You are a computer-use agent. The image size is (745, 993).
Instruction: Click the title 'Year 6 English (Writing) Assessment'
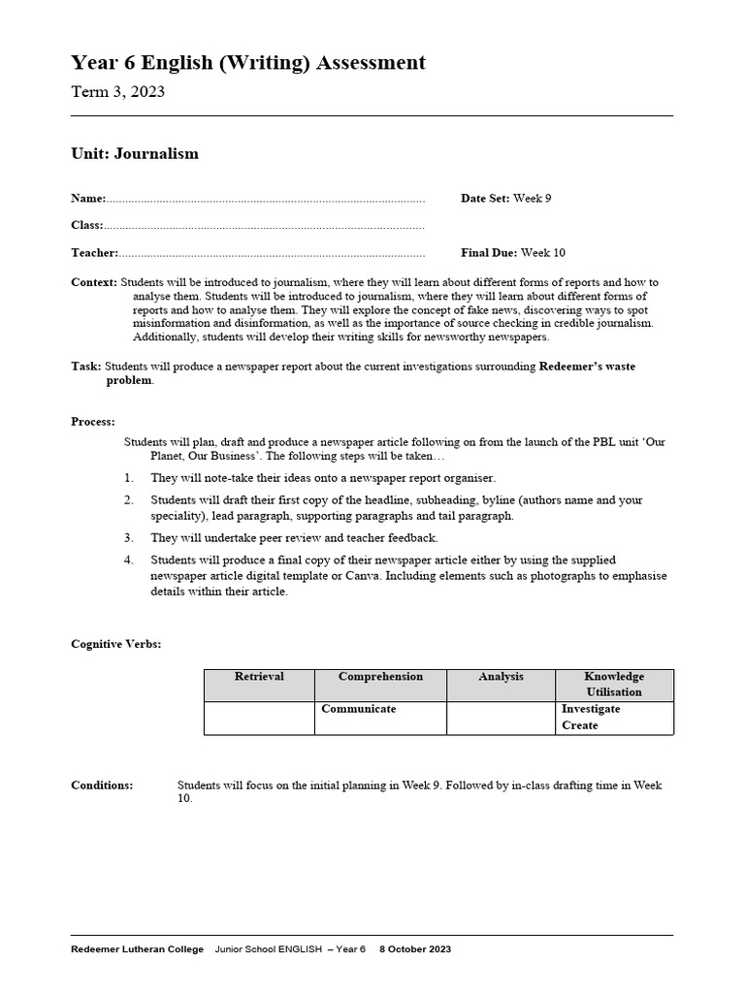(247, 63)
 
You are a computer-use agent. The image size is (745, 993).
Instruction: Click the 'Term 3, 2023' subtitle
(117, 92)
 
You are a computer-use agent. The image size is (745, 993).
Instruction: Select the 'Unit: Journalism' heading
(135, 153)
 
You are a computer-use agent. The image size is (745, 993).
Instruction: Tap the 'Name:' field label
(88, 198)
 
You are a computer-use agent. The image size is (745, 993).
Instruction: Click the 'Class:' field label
(86, 225)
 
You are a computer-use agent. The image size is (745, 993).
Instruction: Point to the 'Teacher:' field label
(94, 253)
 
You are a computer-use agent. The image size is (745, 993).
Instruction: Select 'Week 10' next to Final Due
(542, 253)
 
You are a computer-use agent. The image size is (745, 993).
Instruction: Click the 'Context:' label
(94, 282)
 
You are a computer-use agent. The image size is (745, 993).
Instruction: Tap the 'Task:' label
(85, 367)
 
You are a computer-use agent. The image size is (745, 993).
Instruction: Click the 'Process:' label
(93, 422)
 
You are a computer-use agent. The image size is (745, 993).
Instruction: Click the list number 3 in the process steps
(129, 537)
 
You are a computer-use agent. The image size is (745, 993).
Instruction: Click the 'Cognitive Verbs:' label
(116, 644)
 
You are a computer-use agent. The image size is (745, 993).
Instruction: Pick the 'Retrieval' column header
(259, 677)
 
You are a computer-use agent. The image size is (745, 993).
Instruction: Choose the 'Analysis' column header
(501, 677)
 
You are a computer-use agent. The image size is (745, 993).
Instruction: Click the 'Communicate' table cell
(359, 709)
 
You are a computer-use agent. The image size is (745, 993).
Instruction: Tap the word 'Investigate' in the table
(591, 709)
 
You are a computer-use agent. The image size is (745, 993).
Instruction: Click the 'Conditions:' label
(102, 785)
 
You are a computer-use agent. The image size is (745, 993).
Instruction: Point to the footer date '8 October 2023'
(414, 949)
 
